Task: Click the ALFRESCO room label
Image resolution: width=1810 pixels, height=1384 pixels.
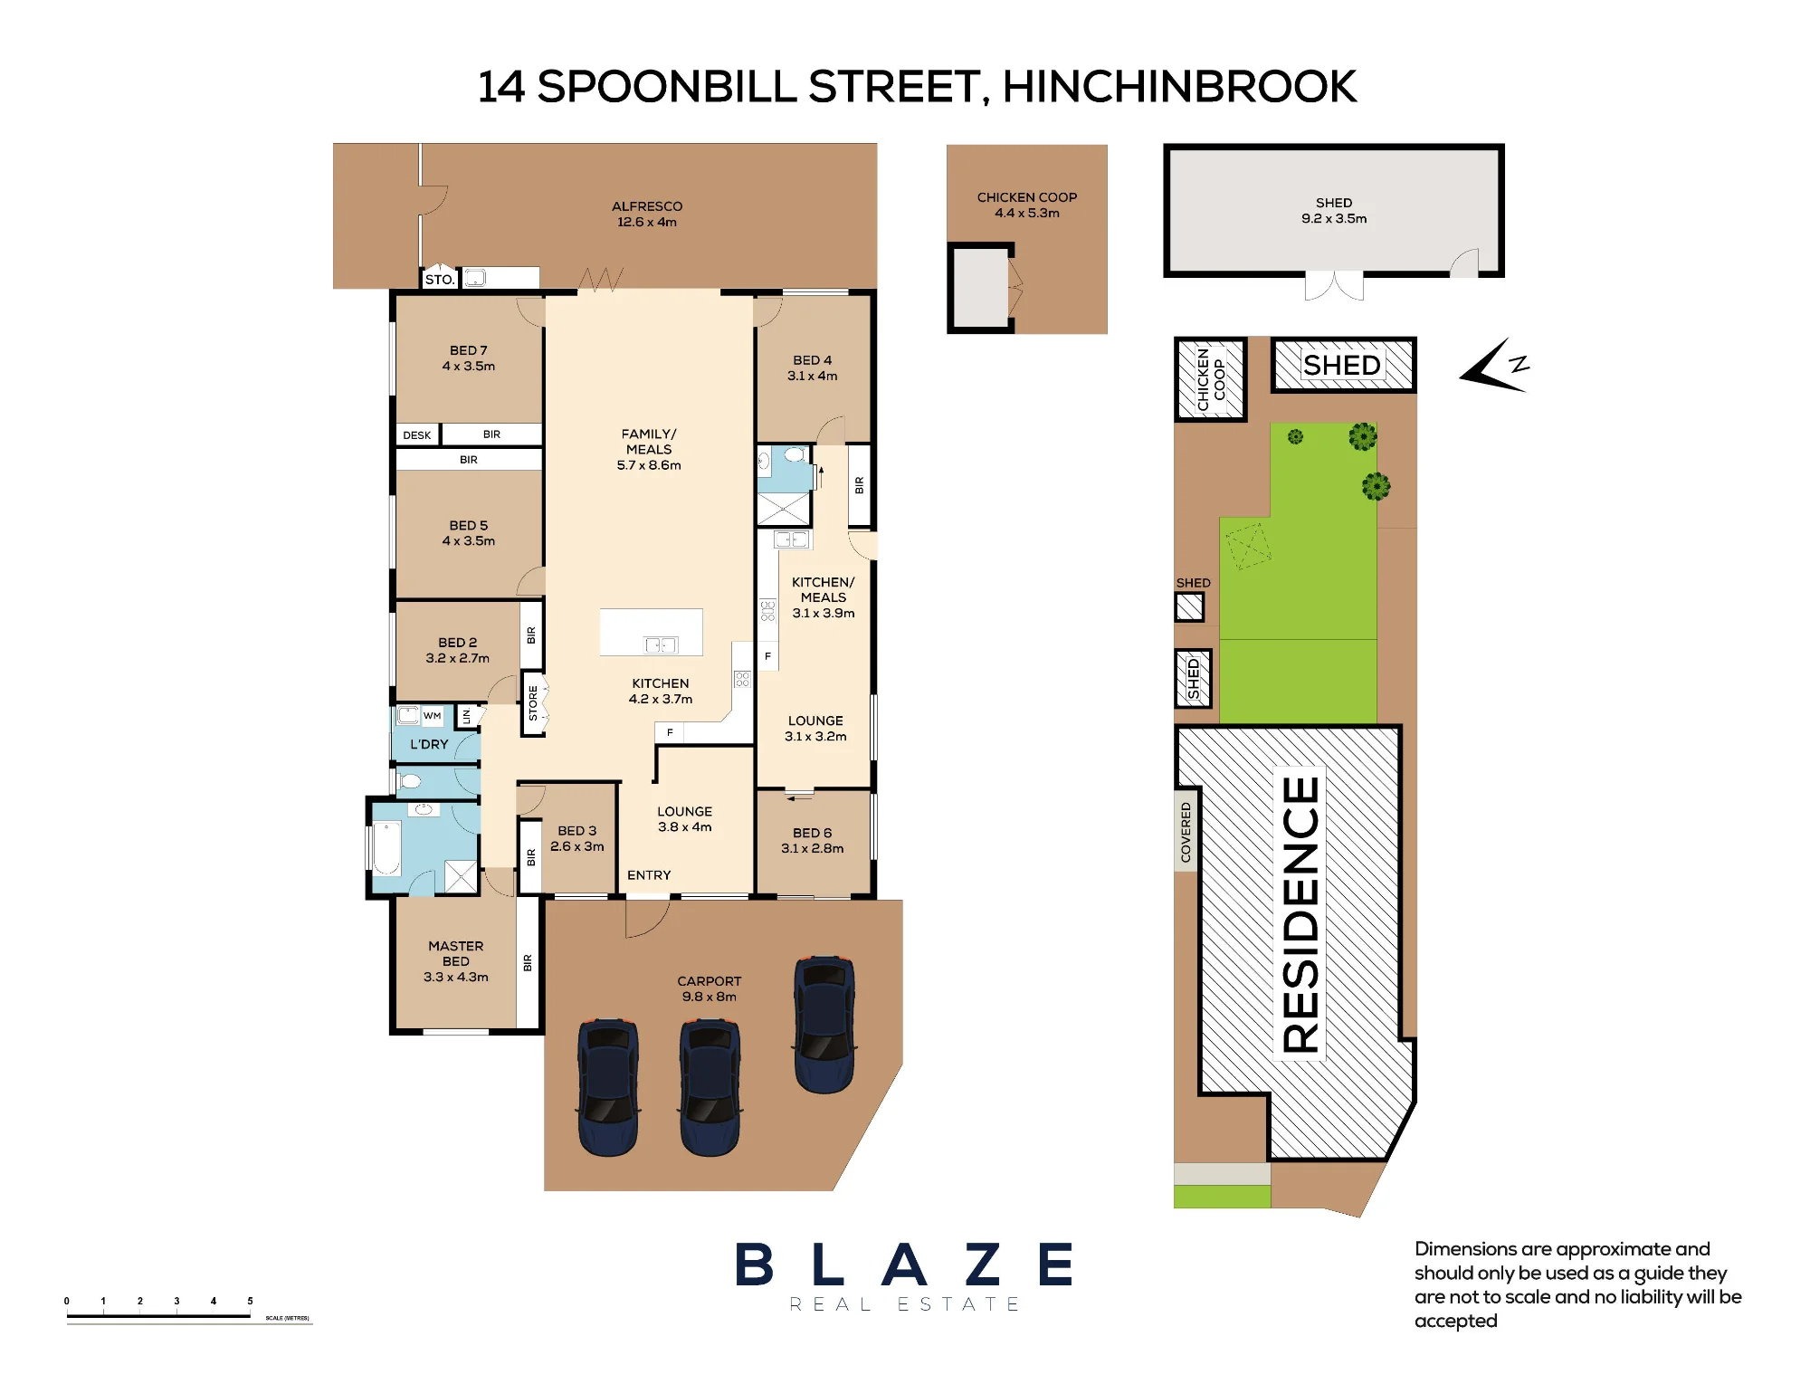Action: click(647, 214)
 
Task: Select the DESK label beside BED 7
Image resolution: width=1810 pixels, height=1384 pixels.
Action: click(417, 435)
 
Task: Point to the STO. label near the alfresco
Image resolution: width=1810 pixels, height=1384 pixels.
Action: click(440, 280)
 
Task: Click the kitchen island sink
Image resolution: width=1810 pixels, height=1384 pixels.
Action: click(661, 644)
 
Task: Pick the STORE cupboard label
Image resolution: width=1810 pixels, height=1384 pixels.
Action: click(533, 703)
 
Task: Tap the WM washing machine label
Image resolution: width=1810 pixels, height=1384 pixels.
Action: click(433, 716)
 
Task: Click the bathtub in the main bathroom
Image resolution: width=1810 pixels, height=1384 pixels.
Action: click(386, 847)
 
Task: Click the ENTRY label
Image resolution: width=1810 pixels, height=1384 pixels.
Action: click(649, 875)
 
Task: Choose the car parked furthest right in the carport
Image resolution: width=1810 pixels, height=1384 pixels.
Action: click(824, 1025)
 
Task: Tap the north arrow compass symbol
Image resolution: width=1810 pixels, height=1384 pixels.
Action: click(1494, 366)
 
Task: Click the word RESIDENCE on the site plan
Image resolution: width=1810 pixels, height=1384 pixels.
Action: click(1300, 914)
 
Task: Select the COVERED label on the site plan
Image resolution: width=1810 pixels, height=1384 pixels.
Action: click(1186, 832)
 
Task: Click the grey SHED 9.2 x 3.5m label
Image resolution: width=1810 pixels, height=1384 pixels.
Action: click(1334, 211)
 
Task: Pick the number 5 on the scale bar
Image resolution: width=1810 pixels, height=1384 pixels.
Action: click(250, 1301)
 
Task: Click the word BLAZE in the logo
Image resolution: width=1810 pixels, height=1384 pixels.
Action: click(904, 1265)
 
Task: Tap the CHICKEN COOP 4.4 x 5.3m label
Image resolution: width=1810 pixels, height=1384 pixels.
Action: click(1027, 205)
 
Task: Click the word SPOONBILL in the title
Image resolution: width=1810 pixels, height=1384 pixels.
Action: click(667, 87)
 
